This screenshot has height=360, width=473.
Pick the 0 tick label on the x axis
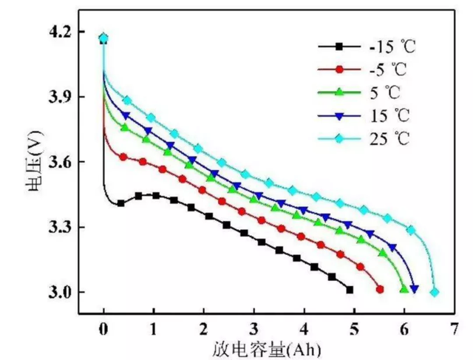tap(103, 327)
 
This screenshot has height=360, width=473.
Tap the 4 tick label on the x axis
tap(304, 327)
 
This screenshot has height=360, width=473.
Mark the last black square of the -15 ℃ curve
tap(350, 290)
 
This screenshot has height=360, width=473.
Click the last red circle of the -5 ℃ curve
tap(380, 290)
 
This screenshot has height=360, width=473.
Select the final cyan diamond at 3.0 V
tap(435, 292)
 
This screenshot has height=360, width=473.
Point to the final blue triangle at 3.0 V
tap(414, 290)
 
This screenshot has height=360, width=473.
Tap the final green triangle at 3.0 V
tap(404, 289)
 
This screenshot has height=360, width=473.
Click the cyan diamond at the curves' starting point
tap(103, 38)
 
